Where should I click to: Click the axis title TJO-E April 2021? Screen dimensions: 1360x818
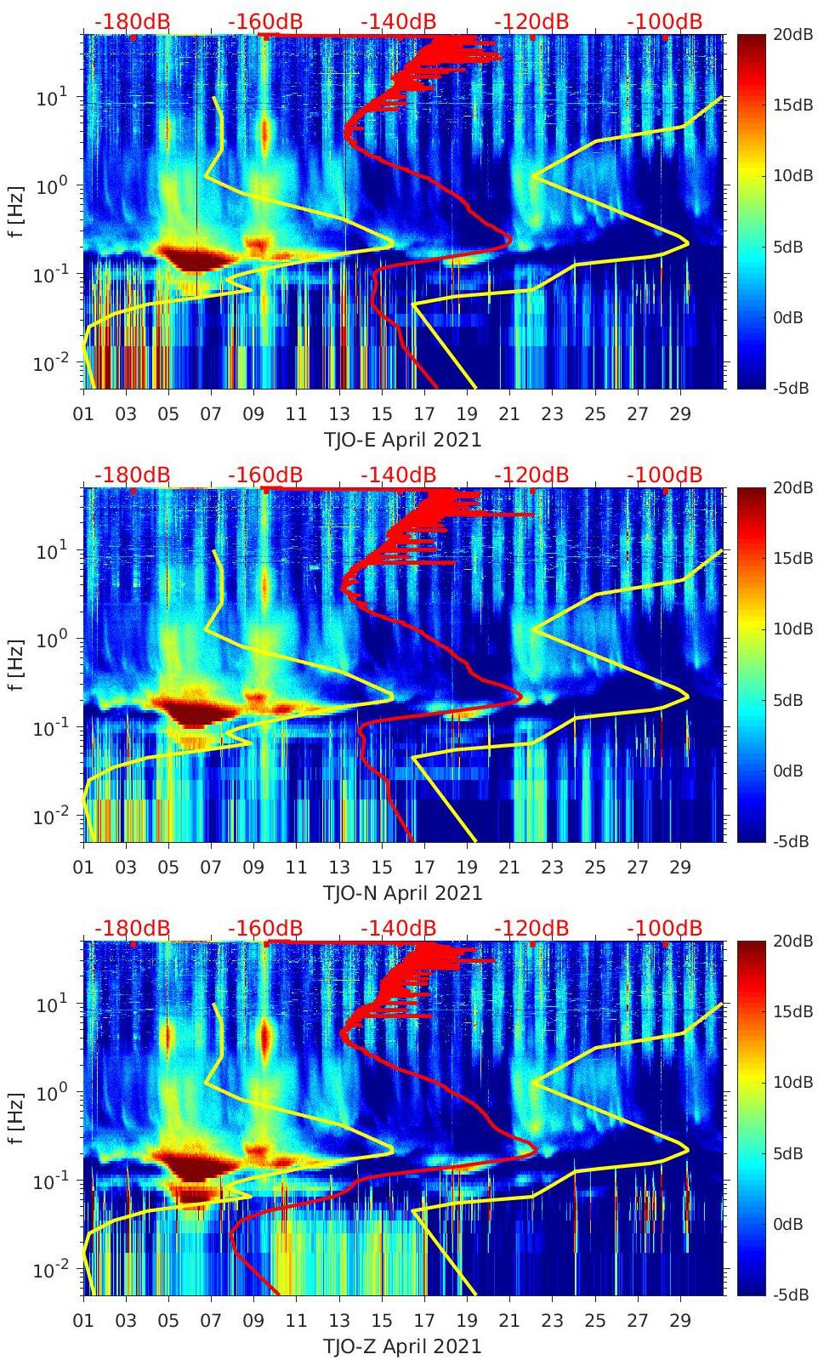click(x=402, y=440)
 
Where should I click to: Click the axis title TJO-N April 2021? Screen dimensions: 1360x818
click(x=402, y=893)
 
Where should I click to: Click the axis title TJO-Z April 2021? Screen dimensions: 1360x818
click(x=402, y=1346)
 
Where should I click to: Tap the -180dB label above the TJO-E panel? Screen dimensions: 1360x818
click(x=133, y=21)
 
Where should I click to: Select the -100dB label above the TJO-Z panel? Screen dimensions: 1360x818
click(x=665, y=928)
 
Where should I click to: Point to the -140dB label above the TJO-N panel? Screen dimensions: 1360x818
click(x=399, y=475)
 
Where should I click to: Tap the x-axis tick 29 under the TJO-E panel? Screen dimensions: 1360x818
click(x=680, y=414)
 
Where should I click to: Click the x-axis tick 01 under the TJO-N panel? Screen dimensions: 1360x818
click(x=83, y=868)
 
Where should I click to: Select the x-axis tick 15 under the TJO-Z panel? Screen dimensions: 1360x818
click(x=382, y=1321)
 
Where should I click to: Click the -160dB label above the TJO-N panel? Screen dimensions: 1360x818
click(x=265, y=475)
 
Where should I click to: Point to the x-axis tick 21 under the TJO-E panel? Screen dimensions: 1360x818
click(x=509, y=414)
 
